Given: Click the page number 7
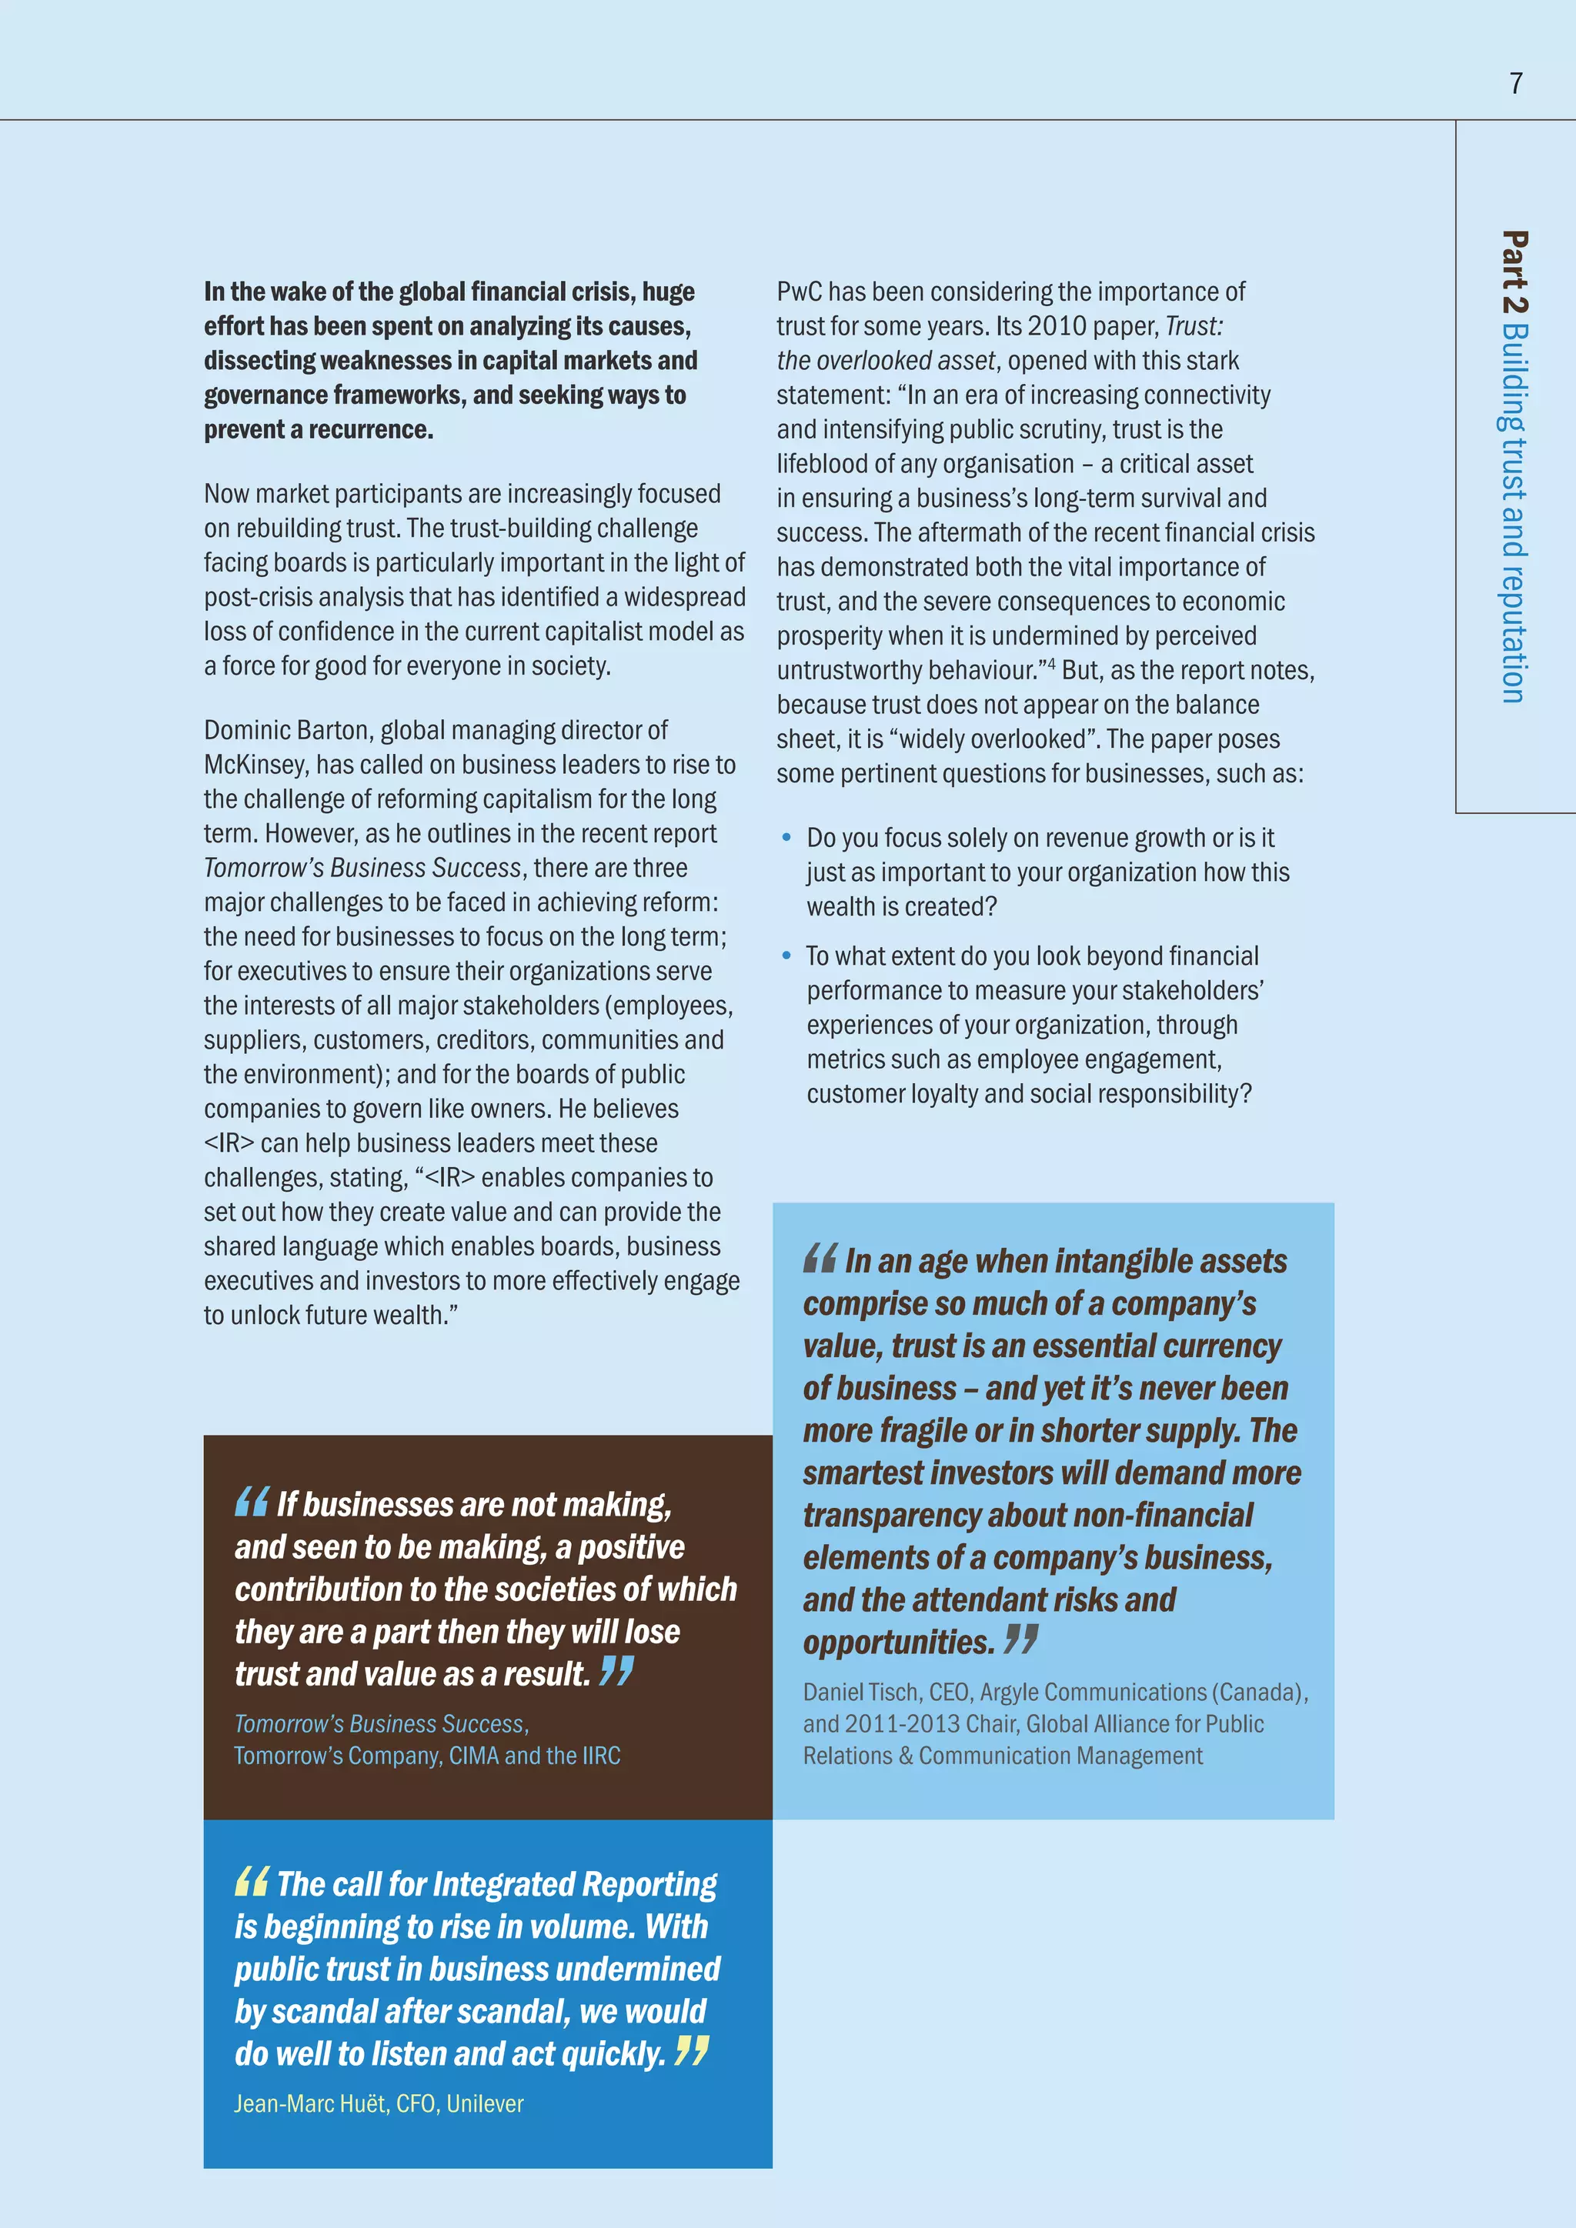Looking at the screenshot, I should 1516,83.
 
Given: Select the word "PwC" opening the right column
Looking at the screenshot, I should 798,292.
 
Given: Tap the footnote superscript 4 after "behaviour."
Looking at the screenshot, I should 1052,662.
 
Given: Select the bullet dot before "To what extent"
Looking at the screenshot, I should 787,956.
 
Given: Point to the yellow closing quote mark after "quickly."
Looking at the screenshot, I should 692,2050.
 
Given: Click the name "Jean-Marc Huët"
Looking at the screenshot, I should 311,2104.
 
